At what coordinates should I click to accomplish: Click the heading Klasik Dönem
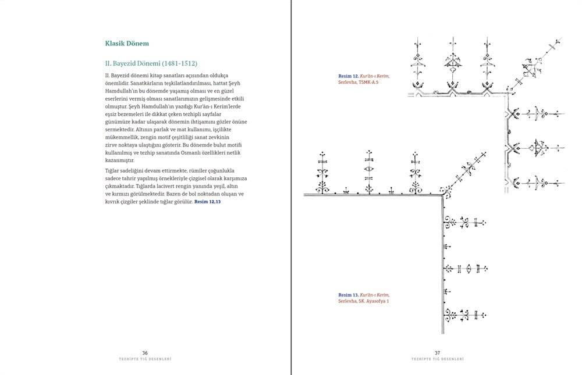pyautogui.click(x=127, y=43)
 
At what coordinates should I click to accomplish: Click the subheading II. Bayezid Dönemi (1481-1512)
pyautogui.click(x=154, y=63)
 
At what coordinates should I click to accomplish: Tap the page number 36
pyautogui.click(x=145, y=352)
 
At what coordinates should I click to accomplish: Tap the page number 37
pyautogui.click(x=437, y=352)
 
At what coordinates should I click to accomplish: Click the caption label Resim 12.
pyautogui.click(x=348, y=76)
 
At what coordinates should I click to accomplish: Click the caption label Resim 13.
pyautogui.click(x=348, y=295)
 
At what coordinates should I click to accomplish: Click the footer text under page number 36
pyautogui.click(x=145, y=359)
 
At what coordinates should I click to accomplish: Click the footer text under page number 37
pyautogui.click(x=437, y=359)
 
